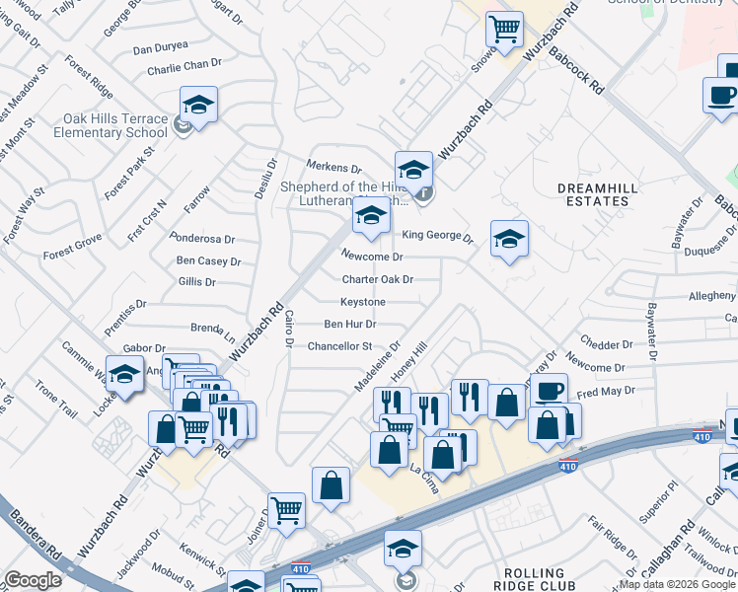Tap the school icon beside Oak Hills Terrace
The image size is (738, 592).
click(x=198, y=107)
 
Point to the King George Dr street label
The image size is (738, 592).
click(x=438, y=236)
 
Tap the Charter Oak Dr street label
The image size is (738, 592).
click(x=377, y=279)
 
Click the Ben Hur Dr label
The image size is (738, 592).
click(x=349, y=324)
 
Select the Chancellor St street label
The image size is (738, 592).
click(x=339, y=346)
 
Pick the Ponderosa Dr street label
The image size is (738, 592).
click(x=202, y=239)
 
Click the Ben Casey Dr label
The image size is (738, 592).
click(x=208, y=261)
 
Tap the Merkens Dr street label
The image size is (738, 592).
click(x=334, y=169)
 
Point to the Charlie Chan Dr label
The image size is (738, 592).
click(x=184, y=67)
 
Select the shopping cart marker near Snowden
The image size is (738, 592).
click(x=504, y=30)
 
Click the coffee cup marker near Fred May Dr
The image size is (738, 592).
click(x=550, y=391)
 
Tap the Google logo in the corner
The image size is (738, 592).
click(x=33, y=580)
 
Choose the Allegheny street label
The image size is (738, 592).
click(x=711, y=295)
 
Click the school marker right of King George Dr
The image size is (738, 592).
click(x=509, y=240)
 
